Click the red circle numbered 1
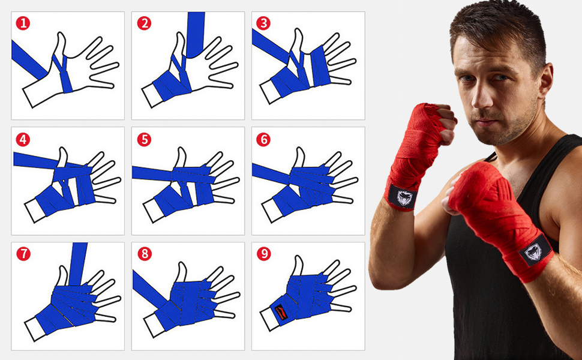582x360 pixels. tap(23, 24)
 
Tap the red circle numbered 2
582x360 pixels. tap(143, 24)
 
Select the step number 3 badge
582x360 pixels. tap(263, 24)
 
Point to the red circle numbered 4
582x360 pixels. tap(23, 140)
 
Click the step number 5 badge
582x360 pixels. tap(143, 140)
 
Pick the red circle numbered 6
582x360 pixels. tap(263, 140)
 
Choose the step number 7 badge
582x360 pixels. tap(23, 254)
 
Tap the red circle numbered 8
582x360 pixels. tap(144, 254)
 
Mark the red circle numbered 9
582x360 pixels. tap(263, 254)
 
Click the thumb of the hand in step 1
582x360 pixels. tap(59, 46)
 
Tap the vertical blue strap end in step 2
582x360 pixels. tap(195, 33)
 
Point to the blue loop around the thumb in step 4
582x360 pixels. tap(62, 171)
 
